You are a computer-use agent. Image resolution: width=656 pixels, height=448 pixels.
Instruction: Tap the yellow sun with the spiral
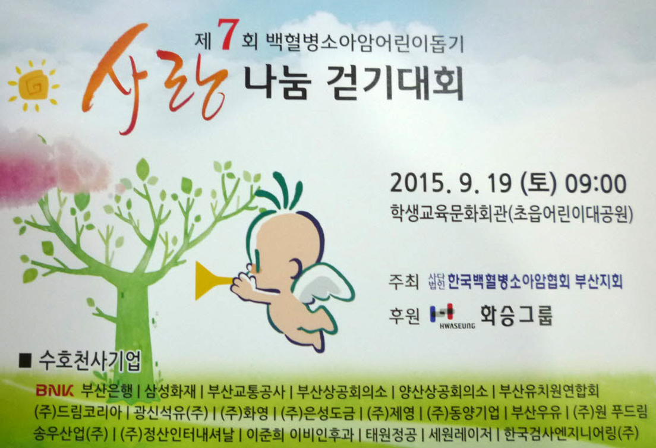[33, 86]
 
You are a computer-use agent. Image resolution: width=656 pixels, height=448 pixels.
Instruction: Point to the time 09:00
[595, 183]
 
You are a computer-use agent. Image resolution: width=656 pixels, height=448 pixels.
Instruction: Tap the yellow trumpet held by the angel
[213, 280]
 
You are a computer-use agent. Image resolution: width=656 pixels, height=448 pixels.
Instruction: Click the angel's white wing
[322, 289]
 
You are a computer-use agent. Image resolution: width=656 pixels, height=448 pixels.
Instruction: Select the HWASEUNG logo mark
[452, 316]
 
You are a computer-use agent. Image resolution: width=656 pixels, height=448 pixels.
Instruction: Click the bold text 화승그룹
[516, 316]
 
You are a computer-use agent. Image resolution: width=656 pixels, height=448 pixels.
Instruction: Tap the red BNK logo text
[55, 390]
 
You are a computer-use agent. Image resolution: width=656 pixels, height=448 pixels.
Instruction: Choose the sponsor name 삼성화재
[170, 391]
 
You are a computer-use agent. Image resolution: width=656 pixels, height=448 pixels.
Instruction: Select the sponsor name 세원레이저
[460, 434]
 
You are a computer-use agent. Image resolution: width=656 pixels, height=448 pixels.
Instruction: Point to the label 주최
[403, 282]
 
